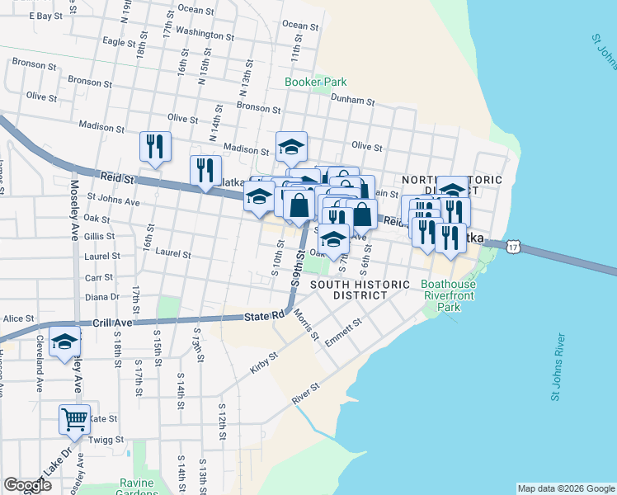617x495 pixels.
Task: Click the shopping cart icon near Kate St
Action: point(74,419)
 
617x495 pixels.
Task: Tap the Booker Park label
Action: point(315,82)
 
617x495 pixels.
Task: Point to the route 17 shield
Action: point(515,247)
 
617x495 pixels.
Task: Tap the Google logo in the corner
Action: point(27,485)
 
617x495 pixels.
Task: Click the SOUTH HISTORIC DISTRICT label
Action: point(360,290)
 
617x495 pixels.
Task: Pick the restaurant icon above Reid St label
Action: point(155,147)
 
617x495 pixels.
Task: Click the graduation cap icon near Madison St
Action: point(291,147)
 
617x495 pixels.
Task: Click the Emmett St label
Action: point(343,332)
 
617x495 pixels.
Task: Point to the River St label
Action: point(305,393)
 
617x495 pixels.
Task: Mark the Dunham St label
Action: point(352,101)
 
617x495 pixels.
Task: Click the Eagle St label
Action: point(119,41)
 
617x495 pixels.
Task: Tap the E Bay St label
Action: point(45,16)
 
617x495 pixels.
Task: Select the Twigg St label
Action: point(106,441)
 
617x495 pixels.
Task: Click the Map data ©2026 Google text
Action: point(566,488)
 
